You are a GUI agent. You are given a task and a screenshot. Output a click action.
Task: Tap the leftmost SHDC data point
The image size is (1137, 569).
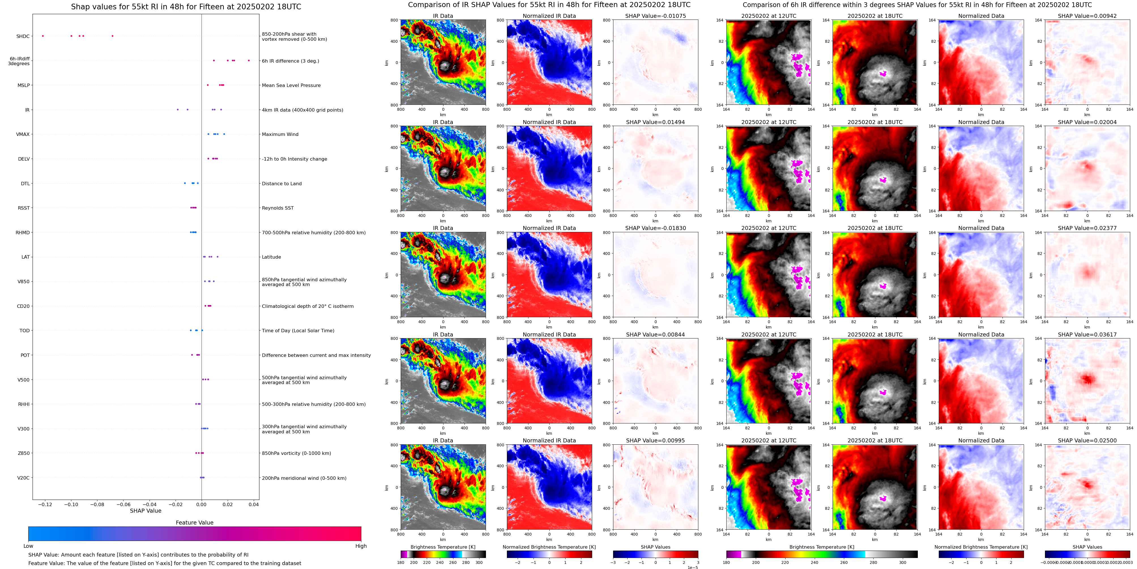pyautogui.click(x=43, y=36)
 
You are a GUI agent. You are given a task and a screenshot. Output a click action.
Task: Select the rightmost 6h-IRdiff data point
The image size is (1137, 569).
pyautogui.click(x=249, y=61)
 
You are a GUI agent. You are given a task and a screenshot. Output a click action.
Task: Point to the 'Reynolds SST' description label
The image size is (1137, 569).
pyautogui.click(x=277, y=208)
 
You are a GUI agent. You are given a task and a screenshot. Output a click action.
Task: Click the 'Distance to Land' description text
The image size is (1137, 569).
pyautogui.click(x=281, y=184)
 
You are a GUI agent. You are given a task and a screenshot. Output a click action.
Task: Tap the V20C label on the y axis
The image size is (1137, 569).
pyautogui.click(x=24, y=478)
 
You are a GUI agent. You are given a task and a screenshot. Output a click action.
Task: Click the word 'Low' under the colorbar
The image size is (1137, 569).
pyautogui.click(x=28, y=546)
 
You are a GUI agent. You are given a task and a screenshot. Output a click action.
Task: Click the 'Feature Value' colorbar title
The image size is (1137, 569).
pyautogui.click(x=194, y=523)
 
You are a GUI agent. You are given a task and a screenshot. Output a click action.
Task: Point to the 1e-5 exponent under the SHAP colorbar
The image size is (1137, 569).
pyautogui.click(x=692, y=567)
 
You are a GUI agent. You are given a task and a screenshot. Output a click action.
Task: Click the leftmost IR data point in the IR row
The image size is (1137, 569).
pyautogui.click(x=178, y=110)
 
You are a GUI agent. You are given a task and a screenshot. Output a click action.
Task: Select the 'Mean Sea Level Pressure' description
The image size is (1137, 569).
pyautogui.click(x=291, y=85)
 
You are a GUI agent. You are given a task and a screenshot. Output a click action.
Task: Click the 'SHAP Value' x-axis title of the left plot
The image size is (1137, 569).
pyautogui.click(x=145, y=511)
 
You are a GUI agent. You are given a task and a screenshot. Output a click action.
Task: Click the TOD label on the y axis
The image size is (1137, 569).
pyautogui.click(x=24, y=331)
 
